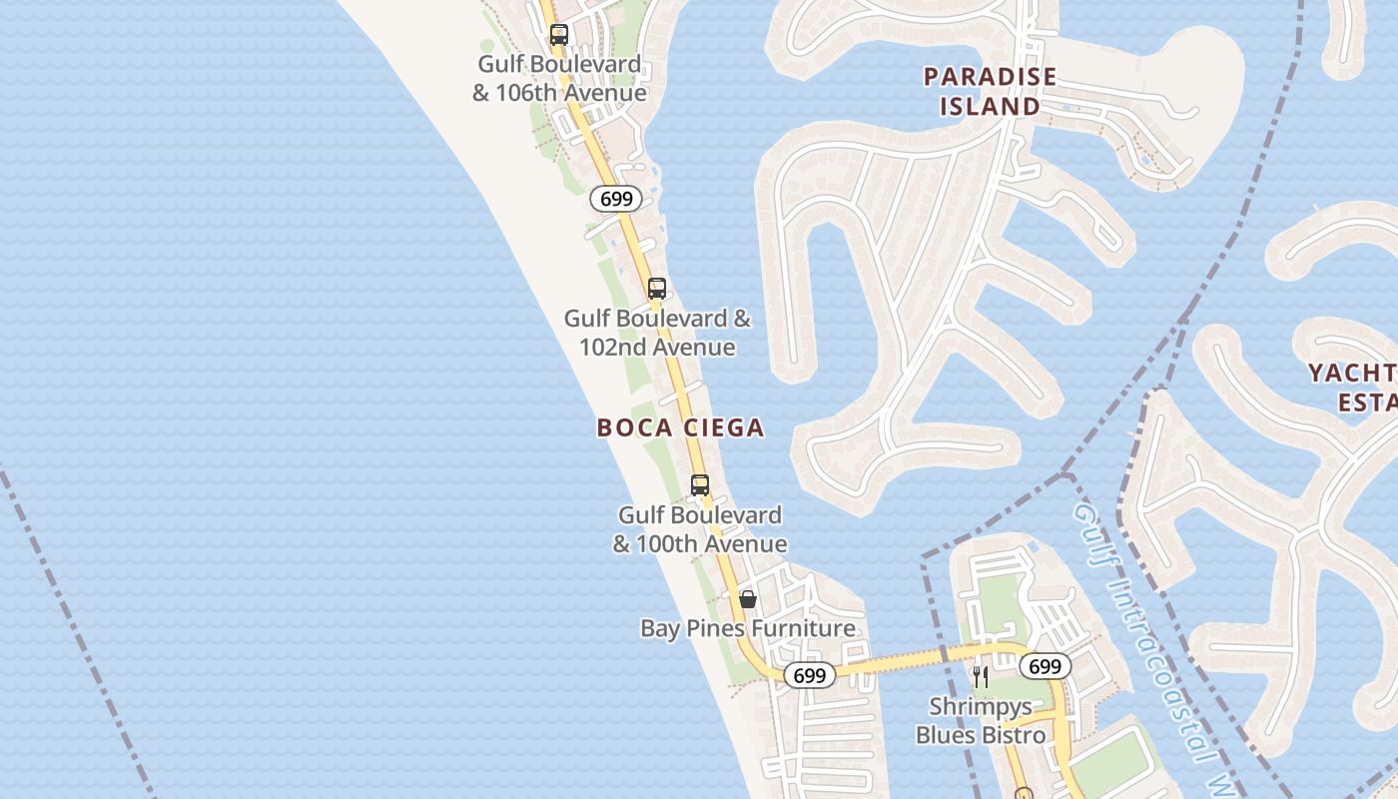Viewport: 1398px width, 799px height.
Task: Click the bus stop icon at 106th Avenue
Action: pyautogui.click(x=559, y=35)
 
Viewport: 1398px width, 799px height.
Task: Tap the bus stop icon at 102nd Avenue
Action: pyautogui.click(x=656, y=289)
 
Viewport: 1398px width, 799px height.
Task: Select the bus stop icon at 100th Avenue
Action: pyautogui.click(x=700, y=485)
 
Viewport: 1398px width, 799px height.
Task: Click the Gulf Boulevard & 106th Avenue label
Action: pyautogui.click(x=559, y=79)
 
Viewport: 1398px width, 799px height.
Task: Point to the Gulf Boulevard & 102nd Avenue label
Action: pyautogui.click(x=657, y=333)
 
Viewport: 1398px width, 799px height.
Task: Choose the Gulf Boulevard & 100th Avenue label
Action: pyautogui.click(x=700, y=529)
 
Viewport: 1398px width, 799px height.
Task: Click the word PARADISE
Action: pyautogui.click(x=990, y=77)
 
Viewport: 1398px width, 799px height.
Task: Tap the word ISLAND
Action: pyautogui.click(x=990, y=106)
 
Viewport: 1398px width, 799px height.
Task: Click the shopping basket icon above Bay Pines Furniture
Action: pyautogui.click(x=748, y=599)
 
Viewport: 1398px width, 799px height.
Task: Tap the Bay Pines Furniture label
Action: pyautogui.click(x=748, y=628)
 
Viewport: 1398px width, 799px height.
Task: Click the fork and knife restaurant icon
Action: pyautogui.click(x=981, y=677)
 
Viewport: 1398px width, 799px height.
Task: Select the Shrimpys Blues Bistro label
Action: pyautogui.click(x=981, y=721)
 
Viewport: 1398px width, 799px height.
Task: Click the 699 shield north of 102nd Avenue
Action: pyautogui.click(x=616, y=199)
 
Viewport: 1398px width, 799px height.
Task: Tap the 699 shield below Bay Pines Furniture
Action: pyautogui.click(x=809, y=676)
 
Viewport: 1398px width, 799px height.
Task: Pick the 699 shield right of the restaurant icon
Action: pyautogui.click(x=1045, y=666)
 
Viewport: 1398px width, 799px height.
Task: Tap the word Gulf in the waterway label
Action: pyautogui.click(x=1091, y=528)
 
